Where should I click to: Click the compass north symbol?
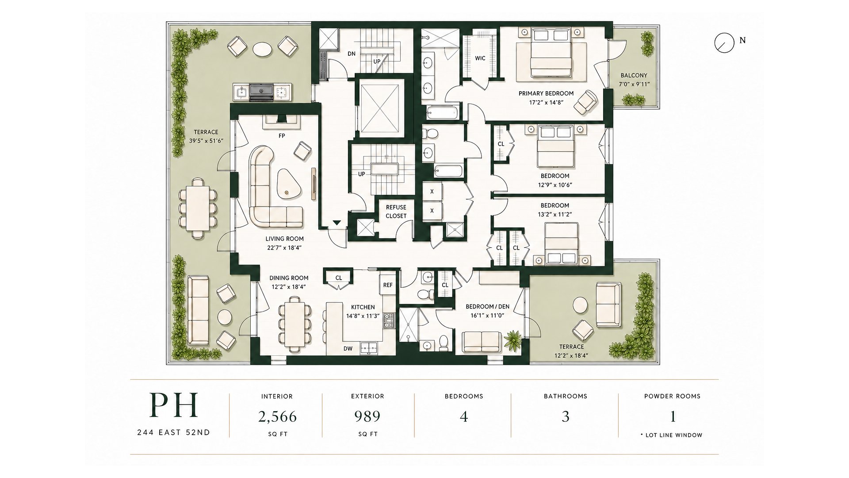(x=722, y=42)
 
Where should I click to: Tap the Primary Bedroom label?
(x=546, y=93)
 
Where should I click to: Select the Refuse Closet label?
(x=396, y=212)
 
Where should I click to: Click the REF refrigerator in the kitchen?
(x=388, y=285)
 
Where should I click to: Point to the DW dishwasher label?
(x=348, y=349)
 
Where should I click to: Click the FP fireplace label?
(x=282, y=136)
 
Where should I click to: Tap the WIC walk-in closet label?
(x=480, y=58)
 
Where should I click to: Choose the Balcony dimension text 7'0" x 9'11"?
(x=634, y=84)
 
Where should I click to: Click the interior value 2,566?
(x=277, y=416)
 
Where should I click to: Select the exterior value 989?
(x=367, y=416)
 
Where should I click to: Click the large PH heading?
(x=173, y=405)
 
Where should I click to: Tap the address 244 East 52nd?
(x=173, y=432)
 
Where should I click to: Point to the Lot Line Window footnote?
(x=671, y=435)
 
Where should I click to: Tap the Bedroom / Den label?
(x=485, y=307)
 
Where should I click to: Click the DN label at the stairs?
(x=352, y=54)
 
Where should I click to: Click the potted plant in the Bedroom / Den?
(x=513, y=339)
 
